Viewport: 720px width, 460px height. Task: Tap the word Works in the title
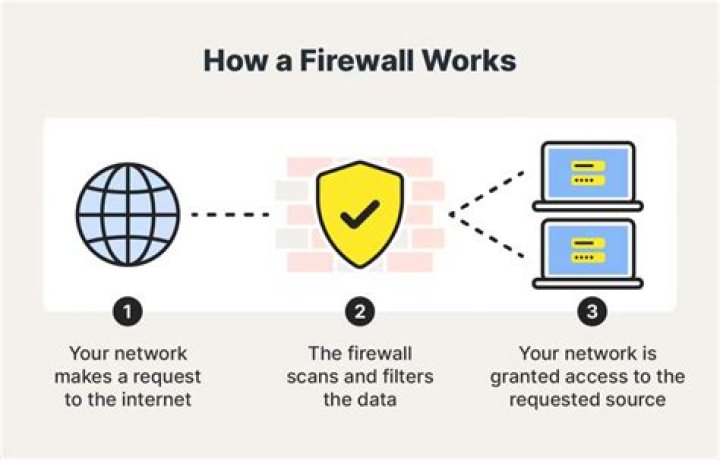click(470, 60)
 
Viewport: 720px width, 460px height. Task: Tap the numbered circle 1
click(128, 311)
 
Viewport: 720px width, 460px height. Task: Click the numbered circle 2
click(360, 311)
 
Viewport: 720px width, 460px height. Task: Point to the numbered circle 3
click(592, 311)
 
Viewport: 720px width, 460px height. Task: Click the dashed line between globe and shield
click(230, 214)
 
